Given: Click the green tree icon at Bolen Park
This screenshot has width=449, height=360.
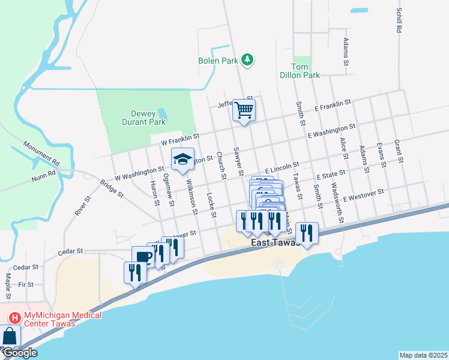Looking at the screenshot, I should coord(247,59).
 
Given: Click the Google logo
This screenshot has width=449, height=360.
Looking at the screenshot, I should coord(19,353).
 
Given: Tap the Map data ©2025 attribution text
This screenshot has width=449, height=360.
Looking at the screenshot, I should coord(423,355).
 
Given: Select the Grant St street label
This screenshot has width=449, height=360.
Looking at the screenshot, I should coord(397,151).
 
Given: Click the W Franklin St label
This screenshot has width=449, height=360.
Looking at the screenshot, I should coord(180,140).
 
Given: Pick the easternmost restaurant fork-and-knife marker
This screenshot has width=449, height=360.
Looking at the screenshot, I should coord(307,233).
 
